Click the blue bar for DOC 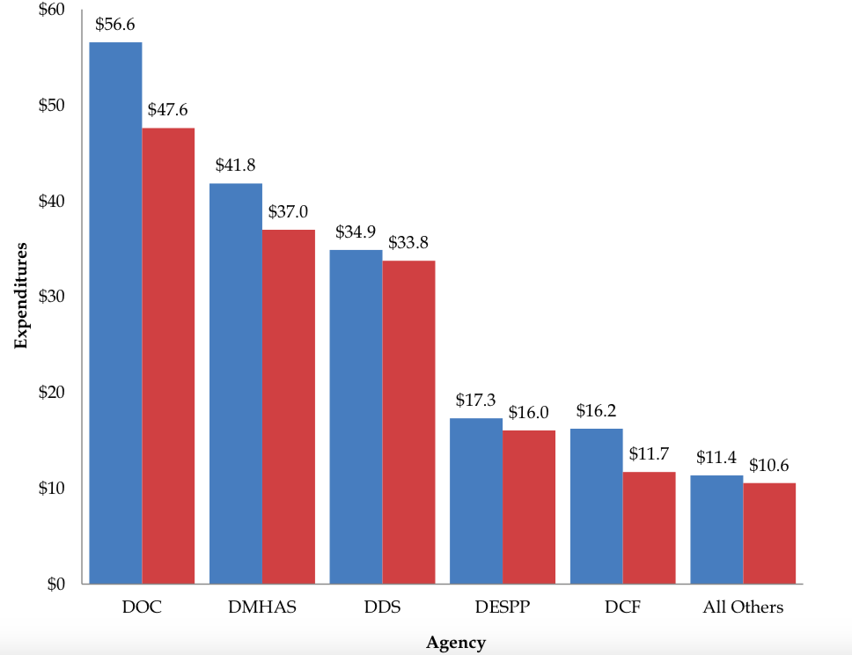[115, 313]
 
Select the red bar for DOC [168, 356]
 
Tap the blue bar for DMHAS [236, 383]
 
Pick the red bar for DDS [408, 422]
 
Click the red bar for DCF [649, 527]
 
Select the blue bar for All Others [716, 529]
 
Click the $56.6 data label [114, 25]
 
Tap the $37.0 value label [288, 212]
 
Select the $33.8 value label [408, 243]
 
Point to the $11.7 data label [649, 454]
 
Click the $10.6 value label [768, 465]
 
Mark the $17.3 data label [476, 400]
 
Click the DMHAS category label [262, 607]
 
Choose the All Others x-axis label [743, 607]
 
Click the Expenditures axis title [22, 296]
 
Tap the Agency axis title [455, 643]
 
